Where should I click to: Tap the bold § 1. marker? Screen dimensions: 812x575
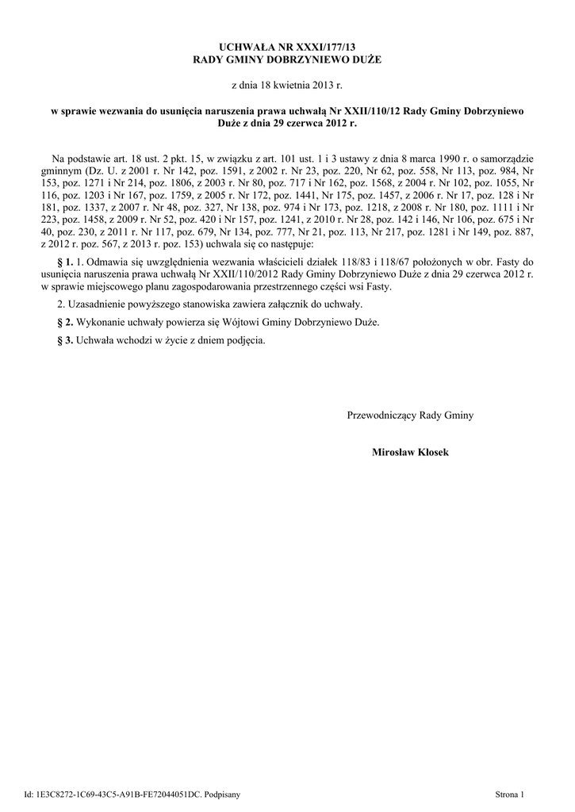[x=66, y=261]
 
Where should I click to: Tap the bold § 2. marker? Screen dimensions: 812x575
[x=66, y=323]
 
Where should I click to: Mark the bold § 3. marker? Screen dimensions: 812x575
[x=66, y=341]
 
